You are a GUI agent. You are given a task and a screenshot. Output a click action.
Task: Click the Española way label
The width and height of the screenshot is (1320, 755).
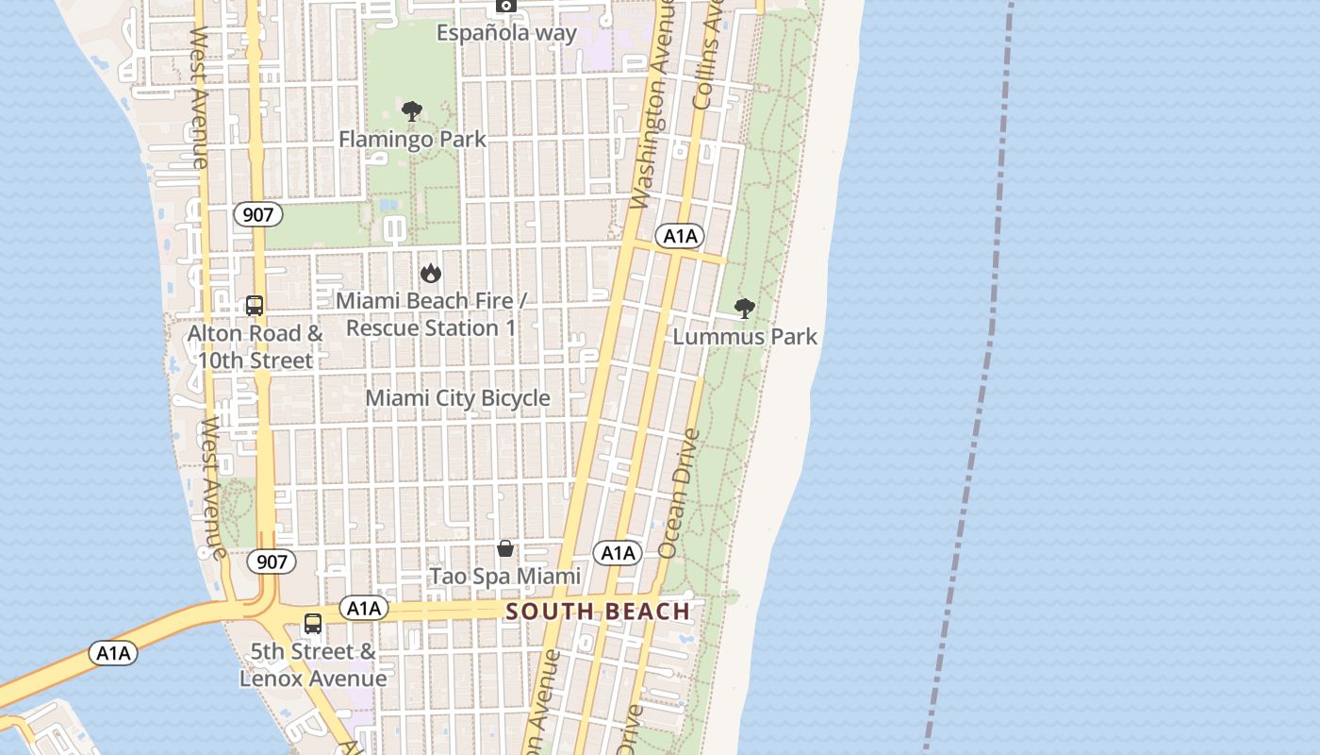pos(506,33)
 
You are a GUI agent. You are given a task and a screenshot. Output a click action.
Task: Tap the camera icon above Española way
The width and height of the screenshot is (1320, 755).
pos(506,6)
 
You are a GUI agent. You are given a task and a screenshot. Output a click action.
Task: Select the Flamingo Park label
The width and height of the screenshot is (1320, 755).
pos(412,140)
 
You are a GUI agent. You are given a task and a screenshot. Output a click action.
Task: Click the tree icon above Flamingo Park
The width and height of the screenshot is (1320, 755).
pos(412,111)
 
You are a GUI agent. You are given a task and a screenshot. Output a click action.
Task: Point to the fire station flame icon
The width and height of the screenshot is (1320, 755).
pos(431,273)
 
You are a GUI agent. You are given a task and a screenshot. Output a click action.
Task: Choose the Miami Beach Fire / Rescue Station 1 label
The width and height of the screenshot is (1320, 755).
pos(431,314)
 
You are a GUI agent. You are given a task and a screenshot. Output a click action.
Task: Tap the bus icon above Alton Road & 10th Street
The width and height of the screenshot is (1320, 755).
pos(255,305)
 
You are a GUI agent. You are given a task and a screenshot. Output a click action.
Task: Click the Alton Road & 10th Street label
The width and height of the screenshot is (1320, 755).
pos(255,346)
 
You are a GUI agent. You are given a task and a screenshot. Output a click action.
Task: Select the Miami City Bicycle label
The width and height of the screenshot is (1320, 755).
pos(457,398)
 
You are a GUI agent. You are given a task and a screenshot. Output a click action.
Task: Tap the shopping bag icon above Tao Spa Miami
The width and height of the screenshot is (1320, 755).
pos(505,548)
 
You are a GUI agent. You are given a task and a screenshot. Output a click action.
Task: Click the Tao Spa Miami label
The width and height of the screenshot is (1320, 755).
pos(505,576)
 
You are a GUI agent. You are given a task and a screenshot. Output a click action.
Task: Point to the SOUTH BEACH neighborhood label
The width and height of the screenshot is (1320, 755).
pos(599,612)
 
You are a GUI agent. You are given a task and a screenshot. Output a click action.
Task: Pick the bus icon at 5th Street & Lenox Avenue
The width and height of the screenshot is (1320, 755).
pos(313,624)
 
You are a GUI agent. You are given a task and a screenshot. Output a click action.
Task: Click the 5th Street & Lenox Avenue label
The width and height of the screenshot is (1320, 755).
pos(313,664)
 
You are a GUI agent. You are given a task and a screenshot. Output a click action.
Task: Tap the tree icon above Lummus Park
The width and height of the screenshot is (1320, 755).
pos(745,308)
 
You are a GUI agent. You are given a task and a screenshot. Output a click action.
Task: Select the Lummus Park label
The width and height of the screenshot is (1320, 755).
pos(745,337)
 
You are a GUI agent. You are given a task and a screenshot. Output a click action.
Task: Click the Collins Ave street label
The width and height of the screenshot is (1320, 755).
pos(706,54)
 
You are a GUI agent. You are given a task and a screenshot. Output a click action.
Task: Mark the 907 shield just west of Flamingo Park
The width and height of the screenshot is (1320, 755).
pos(257,215)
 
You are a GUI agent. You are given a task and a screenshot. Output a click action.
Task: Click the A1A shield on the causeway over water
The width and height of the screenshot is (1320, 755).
pos(113,652)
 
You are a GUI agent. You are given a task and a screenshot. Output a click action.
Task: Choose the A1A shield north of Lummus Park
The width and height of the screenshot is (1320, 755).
pos(679,236)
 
